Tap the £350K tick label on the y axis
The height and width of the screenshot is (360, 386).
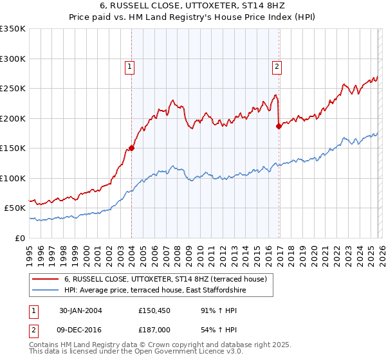click(x=13, y=29)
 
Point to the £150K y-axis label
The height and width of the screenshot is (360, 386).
click(x=13, y=148)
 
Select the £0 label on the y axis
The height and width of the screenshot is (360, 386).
click(x=19, y=238)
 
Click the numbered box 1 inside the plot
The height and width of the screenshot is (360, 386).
click(x=129, y=66)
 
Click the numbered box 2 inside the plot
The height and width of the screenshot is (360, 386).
click(x=277, y=66)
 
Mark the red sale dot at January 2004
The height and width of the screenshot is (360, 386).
click(x=132, y=148)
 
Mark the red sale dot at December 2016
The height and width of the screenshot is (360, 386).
click(x=279, y=127)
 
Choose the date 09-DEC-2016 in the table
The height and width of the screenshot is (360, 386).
click(x=80, y=328)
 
